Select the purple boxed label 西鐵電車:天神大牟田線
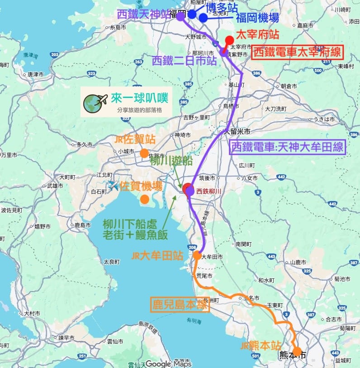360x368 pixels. point(288,148)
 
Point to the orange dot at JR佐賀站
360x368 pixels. point(144,153)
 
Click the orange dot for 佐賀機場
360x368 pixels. point(145,199)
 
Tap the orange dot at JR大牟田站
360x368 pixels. point(197,255)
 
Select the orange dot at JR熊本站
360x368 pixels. point(297,351)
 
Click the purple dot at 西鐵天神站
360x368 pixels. point(180,17)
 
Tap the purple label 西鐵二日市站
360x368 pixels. point(184,61)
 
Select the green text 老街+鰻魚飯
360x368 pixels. point(135,234)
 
